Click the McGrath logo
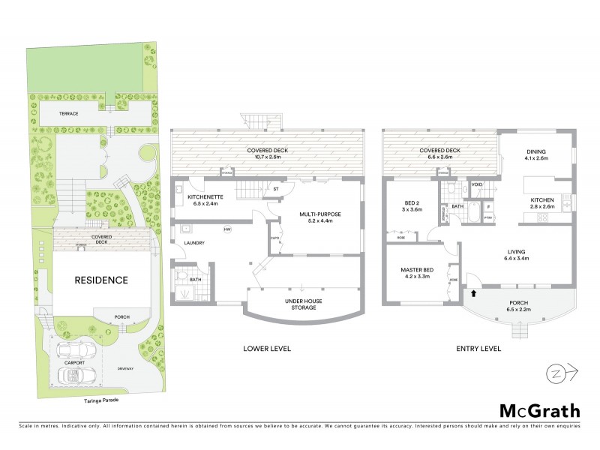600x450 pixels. [x=539, y=410]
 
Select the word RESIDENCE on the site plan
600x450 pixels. [x=100, y=280]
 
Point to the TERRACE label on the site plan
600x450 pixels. [x=69, y=112]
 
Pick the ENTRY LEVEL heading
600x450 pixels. [x=478, y=349]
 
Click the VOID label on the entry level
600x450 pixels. [x=476, y=184]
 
